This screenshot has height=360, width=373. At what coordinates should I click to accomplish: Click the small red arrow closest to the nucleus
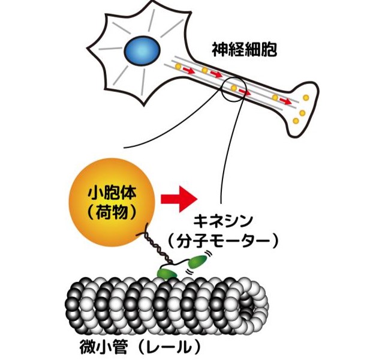coord(188,71)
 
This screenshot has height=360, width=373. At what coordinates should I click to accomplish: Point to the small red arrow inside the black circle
coord(243,92)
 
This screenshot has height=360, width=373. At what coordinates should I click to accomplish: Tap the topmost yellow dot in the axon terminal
coord(306,97)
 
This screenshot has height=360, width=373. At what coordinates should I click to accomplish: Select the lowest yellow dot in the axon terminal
coord(295,121)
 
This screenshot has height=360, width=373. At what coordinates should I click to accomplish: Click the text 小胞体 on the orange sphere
coord(112,193)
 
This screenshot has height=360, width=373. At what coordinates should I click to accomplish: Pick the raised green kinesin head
coord(196,262)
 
